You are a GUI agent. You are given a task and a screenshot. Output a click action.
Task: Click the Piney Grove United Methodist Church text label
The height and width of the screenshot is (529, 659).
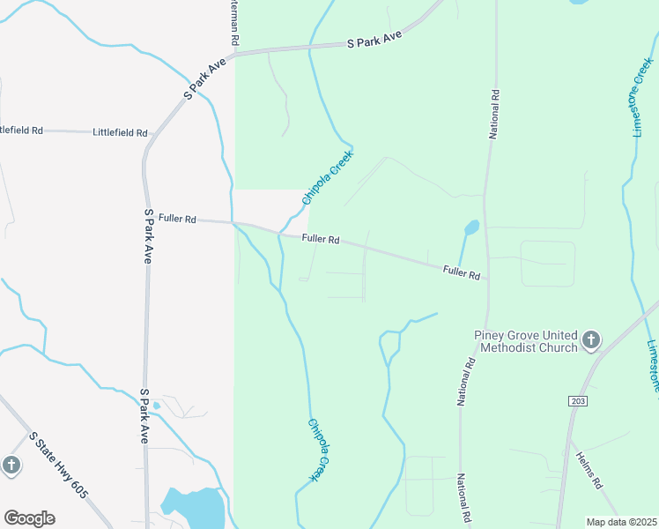click(x=525, y=341)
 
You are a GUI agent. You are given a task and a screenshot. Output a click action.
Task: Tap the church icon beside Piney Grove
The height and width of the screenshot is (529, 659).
click(x=591, y=339)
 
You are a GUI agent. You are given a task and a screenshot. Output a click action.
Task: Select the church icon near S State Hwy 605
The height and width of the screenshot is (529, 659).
click(x=11, y=465)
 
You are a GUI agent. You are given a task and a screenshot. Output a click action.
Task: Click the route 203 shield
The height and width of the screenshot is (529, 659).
click(x=578, y=401)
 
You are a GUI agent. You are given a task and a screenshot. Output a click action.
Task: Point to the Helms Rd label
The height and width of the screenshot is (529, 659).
click(x=589, y=471)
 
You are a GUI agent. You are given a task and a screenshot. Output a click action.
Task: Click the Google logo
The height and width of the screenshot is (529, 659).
click(x=29, y=518)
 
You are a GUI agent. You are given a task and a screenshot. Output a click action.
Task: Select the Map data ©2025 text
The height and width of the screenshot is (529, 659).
click(x=621, y=522)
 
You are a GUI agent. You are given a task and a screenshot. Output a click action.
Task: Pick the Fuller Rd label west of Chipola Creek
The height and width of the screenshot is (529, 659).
click(x=177, y=218)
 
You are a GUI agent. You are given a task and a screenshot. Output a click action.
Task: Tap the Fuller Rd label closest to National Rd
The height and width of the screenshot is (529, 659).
click(x=462, y=273)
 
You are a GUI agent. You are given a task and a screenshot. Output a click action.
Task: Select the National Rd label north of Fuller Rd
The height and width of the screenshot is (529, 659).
click(x=494, y=114)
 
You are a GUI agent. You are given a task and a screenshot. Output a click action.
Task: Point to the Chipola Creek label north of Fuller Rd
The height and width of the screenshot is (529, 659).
click(x=327, y=178)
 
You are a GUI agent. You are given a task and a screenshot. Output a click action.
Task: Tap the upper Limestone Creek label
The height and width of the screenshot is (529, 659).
click(x=640, y=97)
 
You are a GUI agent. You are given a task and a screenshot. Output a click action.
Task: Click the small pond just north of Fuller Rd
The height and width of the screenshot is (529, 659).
click(x=471, y=227)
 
